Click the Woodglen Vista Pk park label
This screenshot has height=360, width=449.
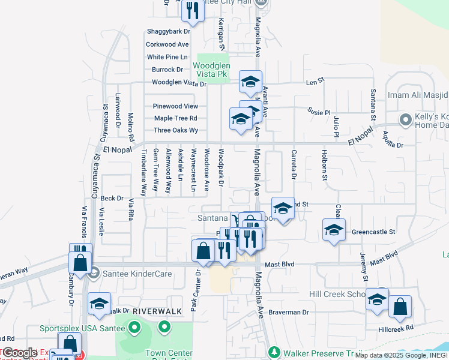coord(210,69)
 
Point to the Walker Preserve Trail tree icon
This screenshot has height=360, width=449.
coord(274,351)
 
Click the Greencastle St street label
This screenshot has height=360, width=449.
coord(373,231)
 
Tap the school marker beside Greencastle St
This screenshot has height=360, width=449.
coord(334,230)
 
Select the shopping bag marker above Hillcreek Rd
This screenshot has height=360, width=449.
coord(400,306)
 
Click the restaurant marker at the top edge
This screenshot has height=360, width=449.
coord(193,10)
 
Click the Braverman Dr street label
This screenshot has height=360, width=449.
coord(288,313)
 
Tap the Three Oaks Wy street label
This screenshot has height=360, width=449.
coord(175,130)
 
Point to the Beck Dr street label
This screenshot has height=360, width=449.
coord(112,198)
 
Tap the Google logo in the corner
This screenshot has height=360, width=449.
coord(19,353)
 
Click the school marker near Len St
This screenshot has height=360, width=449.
coord(250,82)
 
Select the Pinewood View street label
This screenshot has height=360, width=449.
coord(175,106)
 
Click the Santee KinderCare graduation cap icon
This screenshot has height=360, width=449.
coord(93,274)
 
